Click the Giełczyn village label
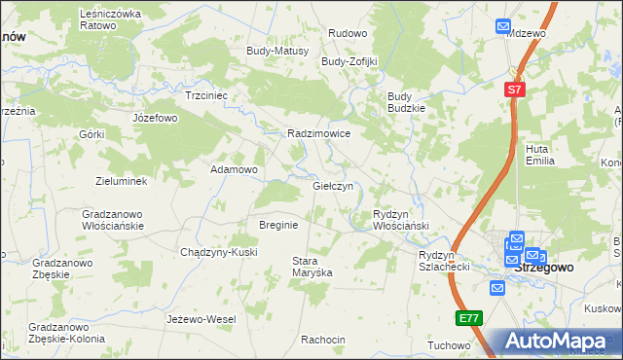pyautogui.click(x=338, y=186)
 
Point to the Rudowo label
pyautogui.click(x=348, y=33)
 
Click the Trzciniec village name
pyautogui.click(x=206, y=96)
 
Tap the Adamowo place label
pyautogui.click(x=235, y=169)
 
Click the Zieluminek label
pyautogui.click(x=121, y=181)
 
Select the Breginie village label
pyautogui.click(x=278, y=225)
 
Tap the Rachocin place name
pyautogui.click(x=323, y=340)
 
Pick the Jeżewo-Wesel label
pyautogui.click(x=202, y=319)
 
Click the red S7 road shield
pyautogui.click(x=515, y=90)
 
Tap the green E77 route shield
pyautogui.click(x=469, y=318)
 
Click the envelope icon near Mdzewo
pyautogui.click(x=502, y=27)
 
